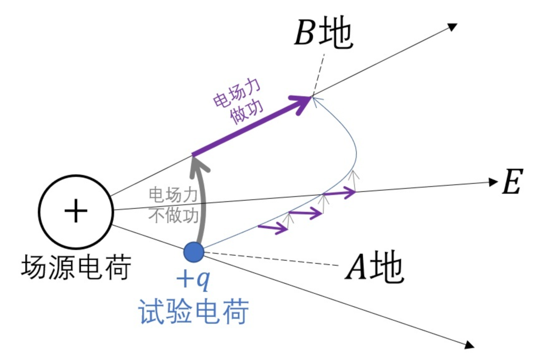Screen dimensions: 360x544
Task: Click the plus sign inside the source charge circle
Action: [x=76, y=211]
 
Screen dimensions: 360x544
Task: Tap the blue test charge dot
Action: [x=194, y=252]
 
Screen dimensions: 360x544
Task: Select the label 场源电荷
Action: [x=76, y=267]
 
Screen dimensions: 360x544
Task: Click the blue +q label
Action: [x=193, y=279]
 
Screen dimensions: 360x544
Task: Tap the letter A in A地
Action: [x=356, y=267]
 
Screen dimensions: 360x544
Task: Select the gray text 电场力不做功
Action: [x=174, y=205]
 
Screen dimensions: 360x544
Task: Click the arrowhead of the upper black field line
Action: [x=452, y=27]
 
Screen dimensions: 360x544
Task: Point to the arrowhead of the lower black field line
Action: [x=469, y=345]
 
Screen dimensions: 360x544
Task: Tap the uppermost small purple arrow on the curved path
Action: [x=340, y=193]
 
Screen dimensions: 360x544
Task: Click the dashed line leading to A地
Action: [x=272, y=259]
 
